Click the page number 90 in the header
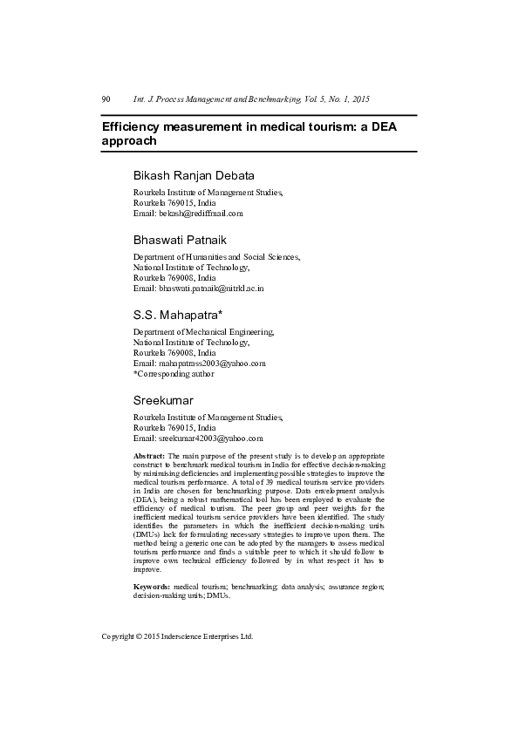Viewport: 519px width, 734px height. click(106, 99)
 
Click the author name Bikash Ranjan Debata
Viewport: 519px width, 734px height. click(194, 175)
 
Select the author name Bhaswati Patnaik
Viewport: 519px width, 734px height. click(180, 239)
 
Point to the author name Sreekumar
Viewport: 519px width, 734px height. click(163, 400)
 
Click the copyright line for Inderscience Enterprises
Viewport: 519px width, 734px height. click(177, 636)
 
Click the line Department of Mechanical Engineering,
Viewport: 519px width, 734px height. click(203, 331)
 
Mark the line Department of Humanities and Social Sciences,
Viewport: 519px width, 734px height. click(216, 257)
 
